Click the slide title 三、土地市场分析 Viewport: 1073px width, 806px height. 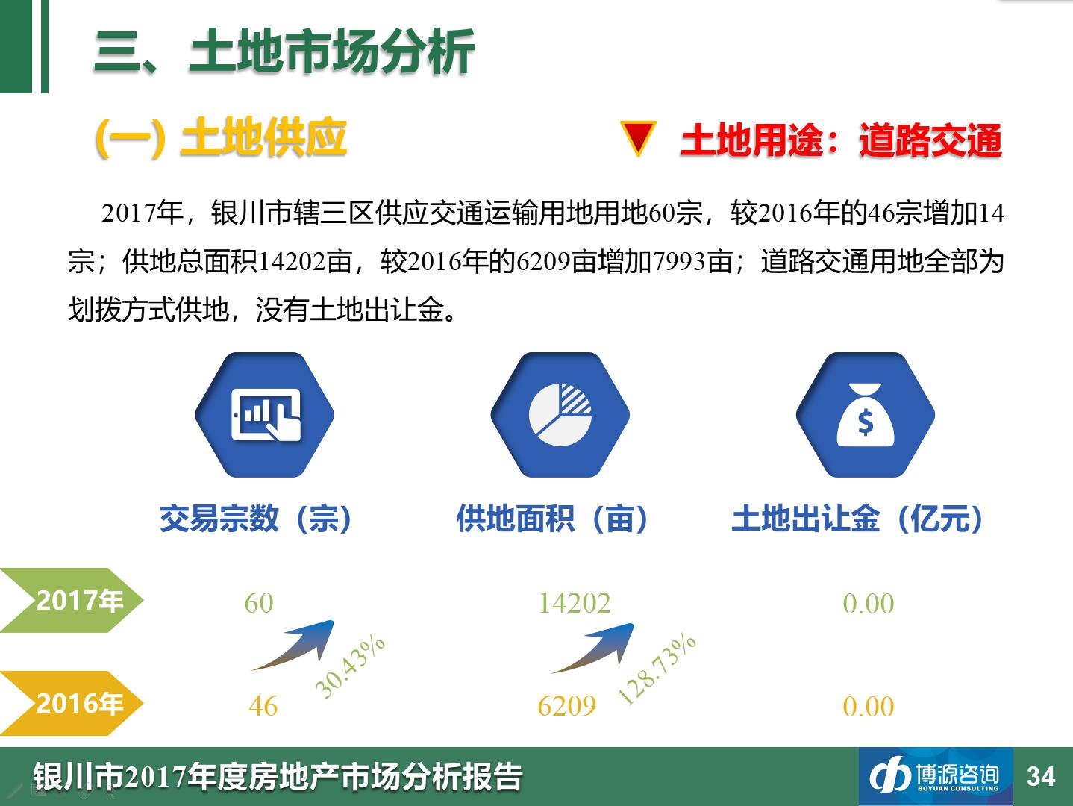(284, 51)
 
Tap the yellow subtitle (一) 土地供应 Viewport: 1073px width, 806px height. (221, 138)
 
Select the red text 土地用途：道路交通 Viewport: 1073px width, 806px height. (841, 140)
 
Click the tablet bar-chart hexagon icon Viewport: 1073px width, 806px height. (264, 414)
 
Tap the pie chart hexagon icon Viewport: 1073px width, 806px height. (560, 414)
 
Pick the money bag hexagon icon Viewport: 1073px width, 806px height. (866, 414)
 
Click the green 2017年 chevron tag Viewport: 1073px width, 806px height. (72, 600)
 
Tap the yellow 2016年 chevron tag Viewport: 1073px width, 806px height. (72, 703)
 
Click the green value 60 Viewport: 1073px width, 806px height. (259, 603)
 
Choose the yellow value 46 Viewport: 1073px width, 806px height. (263, 706)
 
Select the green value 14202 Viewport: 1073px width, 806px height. (575, 603)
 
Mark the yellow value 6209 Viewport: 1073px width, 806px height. (567, 706)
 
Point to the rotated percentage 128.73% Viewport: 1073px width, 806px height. (657, 669)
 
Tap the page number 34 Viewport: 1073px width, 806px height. (1041, 777)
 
